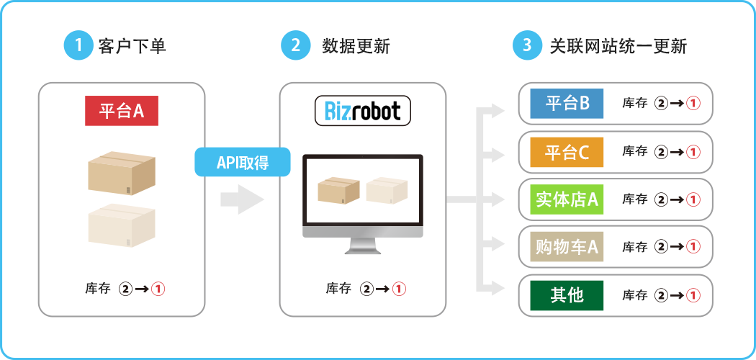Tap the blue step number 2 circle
(295, 46)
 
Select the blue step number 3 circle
(527, 46)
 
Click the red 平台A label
(121, 112)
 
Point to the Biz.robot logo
(363, 112)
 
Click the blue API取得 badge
(243, 162)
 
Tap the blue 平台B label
(567, 104)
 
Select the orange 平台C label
(567, 152)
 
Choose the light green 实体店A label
(567, 199)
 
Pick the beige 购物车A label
(567, 247)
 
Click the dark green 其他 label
(567, 295)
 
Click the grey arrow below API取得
(242, 199)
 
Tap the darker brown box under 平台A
(121, 174)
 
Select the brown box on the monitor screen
(338, 190)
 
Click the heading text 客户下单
(132, 47)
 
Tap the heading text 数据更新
(356, 47)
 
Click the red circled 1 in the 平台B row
(693, 104)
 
